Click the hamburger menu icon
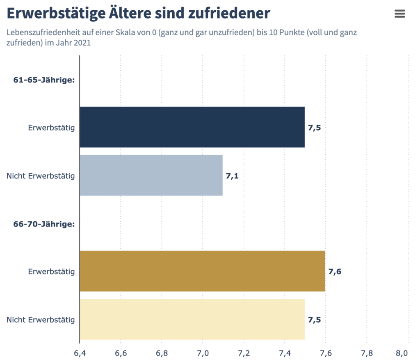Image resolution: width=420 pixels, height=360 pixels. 399,14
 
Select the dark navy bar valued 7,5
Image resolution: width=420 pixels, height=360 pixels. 192,127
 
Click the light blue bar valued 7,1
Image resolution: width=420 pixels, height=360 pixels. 151,175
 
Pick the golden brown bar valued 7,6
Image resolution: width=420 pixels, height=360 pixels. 202,271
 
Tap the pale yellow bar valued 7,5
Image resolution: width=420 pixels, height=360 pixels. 192,319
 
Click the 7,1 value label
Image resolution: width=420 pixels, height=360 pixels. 232,176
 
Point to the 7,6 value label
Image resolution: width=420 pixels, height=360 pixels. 335,271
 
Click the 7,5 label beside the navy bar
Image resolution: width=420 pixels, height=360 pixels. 314,127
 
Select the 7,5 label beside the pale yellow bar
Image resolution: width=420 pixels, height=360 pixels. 314,320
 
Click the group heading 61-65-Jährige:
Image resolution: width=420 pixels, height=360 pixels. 44,80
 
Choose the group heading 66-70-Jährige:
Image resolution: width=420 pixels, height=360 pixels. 44,224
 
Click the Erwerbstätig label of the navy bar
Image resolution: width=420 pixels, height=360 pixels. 51,128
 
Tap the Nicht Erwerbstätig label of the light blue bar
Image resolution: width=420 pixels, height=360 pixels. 41,176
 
